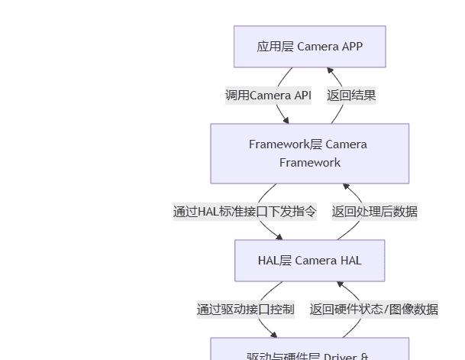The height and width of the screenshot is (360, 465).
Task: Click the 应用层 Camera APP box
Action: point(309,47)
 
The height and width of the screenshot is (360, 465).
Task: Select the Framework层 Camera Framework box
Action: point(309,154)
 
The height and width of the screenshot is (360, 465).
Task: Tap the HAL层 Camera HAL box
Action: point(309,261)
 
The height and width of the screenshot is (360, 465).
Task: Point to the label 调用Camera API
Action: point(268,96)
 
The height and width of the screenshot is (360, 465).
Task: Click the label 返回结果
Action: point(351,96)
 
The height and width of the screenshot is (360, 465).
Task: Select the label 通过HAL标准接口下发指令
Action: point(244,212)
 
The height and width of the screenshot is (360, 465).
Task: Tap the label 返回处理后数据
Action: point(374,212)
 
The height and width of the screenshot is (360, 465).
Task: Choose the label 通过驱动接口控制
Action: point(245,310)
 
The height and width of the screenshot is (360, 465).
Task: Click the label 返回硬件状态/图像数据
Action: point(373,310)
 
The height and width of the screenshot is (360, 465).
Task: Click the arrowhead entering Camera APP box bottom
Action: point(330,70)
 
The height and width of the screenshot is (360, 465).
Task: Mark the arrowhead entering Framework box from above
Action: point(286,120)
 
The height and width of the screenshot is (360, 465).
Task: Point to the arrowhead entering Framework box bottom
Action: point(346,186)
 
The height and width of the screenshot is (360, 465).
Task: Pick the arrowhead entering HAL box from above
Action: point(279,237)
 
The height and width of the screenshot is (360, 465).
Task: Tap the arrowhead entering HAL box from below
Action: point(341,284)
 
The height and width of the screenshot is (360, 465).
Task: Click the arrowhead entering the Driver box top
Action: point(274,335)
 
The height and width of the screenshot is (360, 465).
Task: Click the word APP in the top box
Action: point(351,47)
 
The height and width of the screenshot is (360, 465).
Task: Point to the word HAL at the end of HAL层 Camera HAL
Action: point(350,261)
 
